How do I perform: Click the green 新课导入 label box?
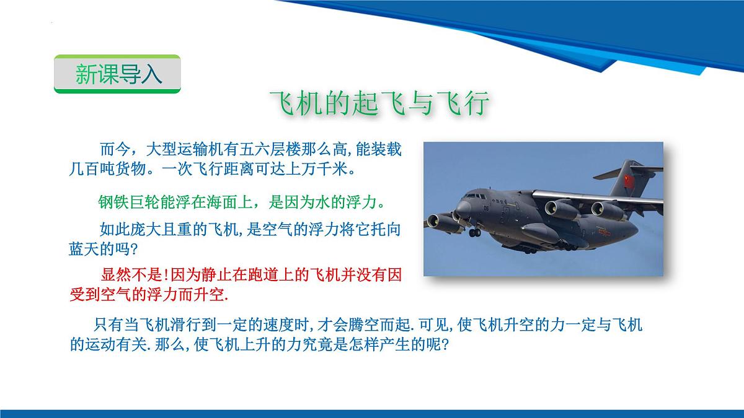[117, 74]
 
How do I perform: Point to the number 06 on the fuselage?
[487, 209]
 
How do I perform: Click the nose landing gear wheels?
[474, 233]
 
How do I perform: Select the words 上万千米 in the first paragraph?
[319, 168]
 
